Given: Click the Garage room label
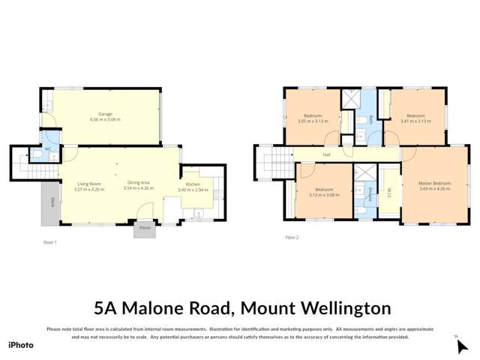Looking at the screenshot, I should click(105, 116).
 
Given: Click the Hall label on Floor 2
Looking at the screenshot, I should click(326, 155).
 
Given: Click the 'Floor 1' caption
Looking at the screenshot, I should click(51, 242).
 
